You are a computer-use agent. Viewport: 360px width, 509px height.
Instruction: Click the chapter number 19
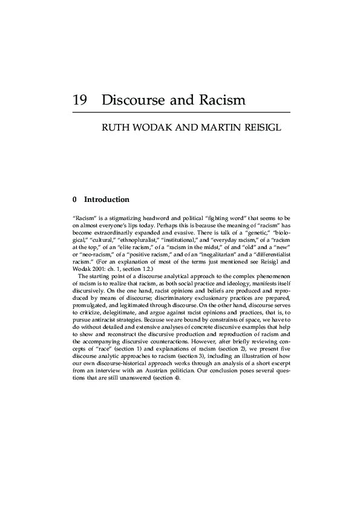tap(80, 100)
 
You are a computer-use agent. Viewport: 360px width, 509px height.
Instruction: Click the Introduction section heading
tap(106, 199)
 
